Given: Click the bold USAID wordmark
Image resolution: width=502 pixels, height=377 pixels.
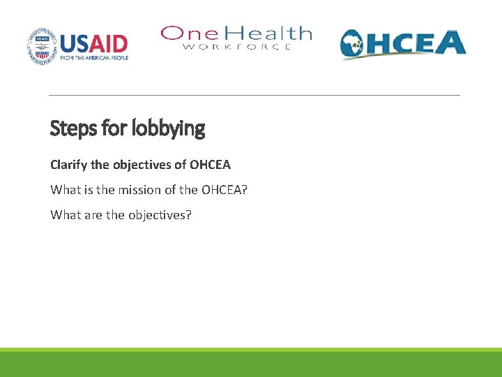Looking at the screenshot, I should [x=94, y=43].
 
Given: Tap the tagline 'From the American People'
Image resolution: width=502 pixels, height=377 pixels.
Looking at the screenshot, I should [x=94, y=58].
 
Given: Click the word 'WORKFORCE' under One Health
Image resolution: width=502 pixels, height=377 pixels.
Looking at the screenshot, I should [x=237, y=47].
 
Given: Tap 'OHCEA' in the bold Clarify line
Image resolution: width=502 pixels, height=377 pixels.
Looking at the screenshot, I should [x=210, y=165].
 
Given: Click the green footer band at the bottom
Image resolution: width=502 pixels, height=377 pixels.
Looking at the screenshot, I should [x=251, y=364].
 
